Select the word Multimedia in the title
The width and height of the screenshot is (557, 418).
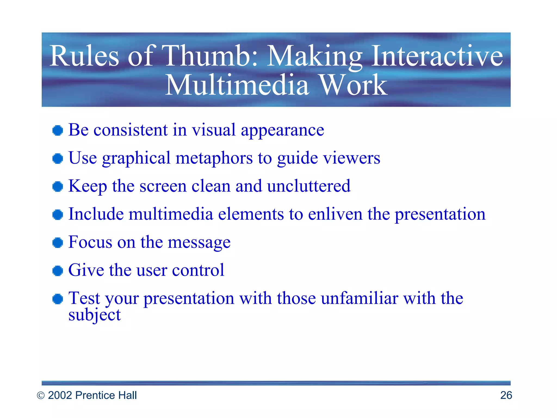click(237, 85)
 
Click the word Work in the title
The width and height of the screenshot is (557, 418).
click(353, 85)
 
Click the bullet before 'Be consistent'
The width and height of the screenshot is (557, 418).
click(58, 131)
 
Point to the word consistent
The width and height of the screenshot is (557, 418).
click(131, 130)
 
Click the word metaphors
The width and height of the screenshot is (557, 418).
click(214, 158)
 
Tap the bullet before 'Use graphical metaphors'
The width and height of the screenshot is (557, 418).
click(58, 159)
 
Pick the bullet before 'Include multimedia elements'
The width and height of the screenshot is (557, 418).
click(58, 215)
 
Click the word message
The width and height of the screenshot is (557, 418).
click(199, 242)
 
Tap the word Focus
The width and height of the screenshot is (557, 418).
click(90, 242)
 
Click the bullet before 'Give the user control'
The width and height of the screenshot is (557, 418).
click(58, 271)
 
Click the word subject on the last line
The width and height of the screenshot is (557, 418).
click(94, 315)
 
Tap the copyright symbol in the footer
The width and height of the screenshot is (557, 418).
click(41, 395)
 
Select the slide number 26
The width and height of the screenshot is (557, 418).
click(506, 395)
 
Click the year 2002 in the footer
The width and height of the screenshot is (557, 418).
click(60, 395)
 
